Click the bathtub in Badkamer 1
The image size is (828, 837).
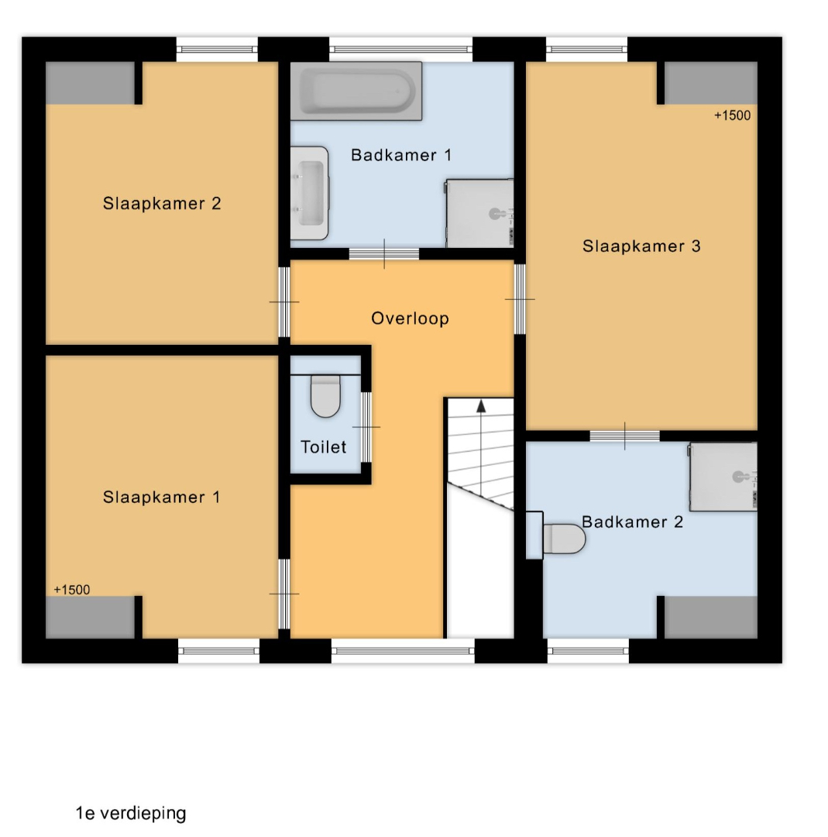pyautogui.click(x=356, y=91)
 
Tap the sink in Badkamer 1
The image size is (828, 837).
pyautogui.click(x=309, y=193)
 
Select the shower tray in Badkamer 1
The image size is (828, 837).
pyautogui.click(x=479, y=214)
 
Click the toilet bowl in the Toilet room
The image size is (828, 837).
pyautogui.click(x=325, y=396)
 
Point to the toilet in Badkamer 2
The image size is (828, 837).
pyautogui.click(x=564, y=539)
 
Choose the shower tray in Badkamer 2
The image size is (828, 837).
pyautogui.click(x=723, y=477)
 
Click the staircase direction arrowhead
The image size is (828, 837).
pyautogui.click(x=481, y=406)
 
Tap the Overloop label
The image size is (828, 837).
pyautogui.click(x=410, y=319)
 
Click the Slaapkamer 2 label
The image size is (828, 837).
pyautogui.click(x=162, y=203)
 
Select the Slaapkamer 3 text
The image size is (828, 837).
pyautogui.click(x=641, y=246)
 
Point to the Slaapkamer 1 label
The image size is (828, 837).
pyautogui.click(x=161, y=497)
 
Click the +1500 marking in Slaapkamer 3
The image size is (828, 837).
pyautogui.click(x=732, y=115)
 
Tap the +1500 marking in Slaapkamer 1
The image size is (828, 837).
pyautogui.click(x=71, y=590)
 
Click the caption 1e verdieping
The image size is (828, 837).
pyautogui.click(x=131, y=813)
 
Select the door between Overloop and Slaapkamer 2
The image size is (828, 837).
pyautogui.click(x=284, y=302)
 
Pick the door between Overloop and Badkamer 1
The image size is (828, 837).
pyautogui.click(x=384, y=254)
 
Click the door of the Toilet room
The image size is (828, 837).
pyautogui.click(x=366, y=427)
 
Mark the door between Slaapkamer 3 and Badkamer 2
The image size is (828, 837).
pyautogui.click(x=625, y=436)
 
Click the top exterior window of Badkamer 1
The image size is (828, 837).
pyautogui.click(x=400, y=50)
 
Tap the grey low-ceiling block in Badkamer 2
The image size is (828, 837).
pyautogui.click(x=710, y=617)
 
